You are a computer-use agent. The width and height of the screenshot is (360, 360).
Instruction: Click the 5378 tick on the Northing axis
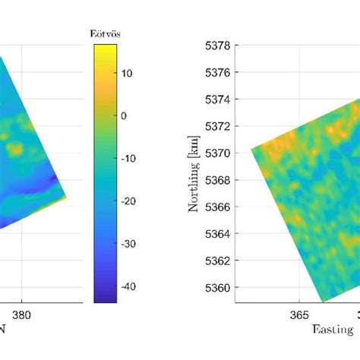tap(219, 46)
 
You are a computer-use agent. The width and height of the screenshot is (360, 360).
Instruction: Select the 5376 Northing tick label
tap(219, 72)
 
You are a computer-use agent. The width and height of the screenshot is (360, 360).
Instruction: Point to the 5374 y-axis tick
tap(219, 99)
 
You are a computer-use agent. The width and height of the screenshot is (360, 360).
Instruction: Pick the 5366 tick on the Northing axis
tap(219, 207)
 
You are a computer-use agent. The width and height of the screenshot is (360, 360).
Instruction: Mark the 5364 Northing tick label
tap(219, 234)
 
